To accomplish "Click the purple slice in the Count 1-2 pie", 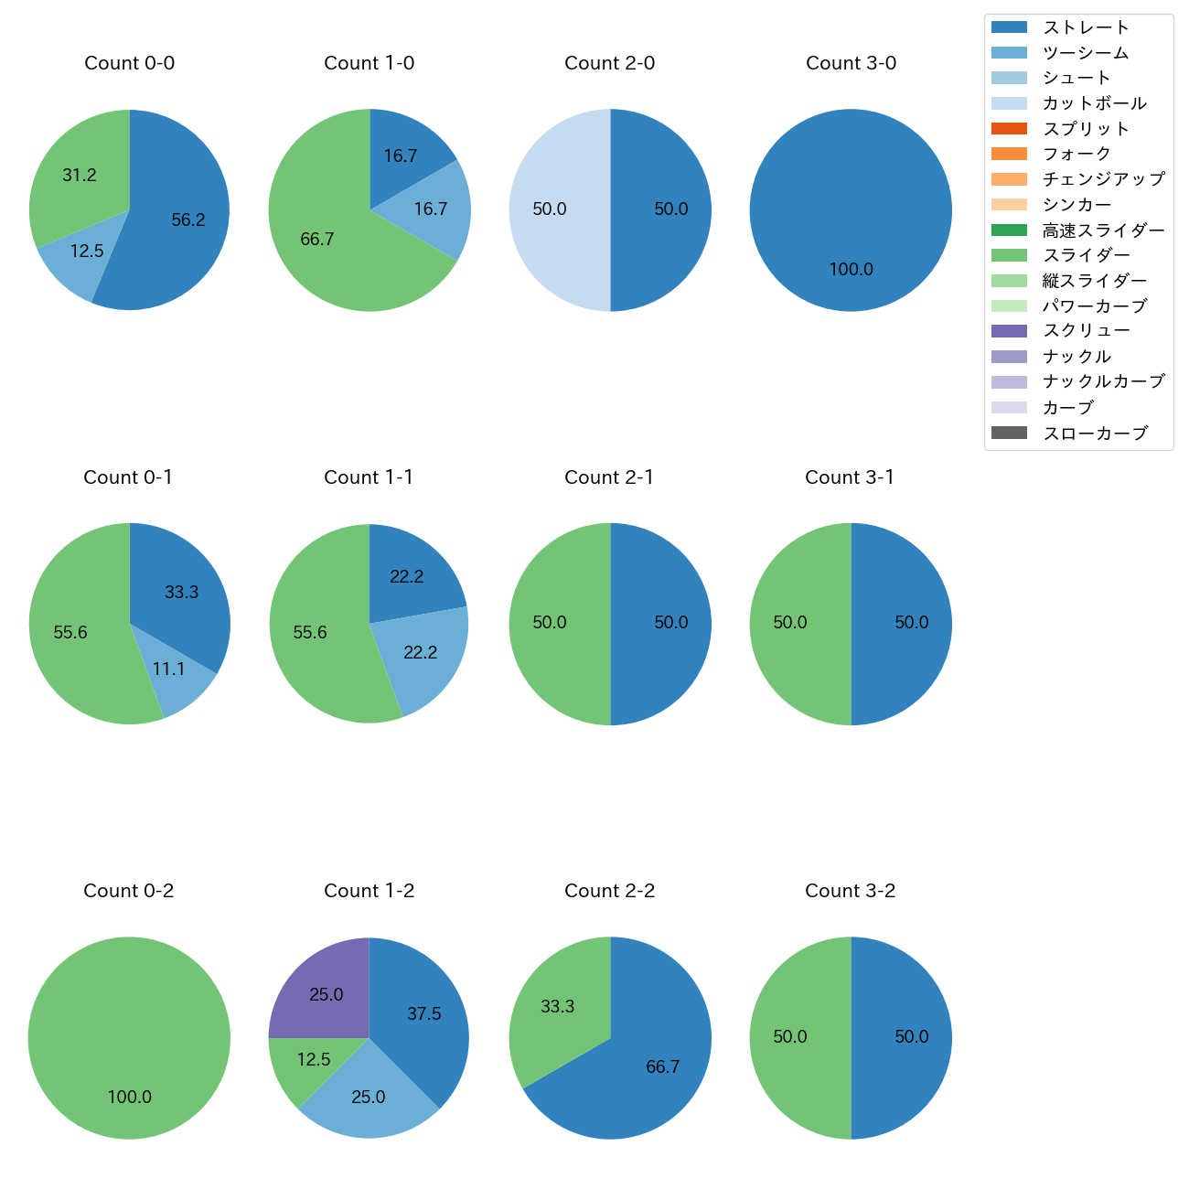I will [325, 992].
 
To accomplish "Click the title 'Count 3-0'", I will [851, 63].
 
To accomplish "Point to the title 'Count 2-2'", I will [609, 891].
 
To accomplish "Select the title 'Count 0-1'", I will [128, 477].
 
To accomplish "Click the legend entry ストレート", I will [1086, 27].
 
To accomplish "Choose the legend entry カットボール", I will [1094, 103].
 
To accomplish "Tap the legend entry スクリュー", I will [1087, 331].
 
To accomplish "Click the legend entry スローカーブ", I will [1095, 434].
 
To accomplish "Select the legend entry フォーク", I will [1077, 154].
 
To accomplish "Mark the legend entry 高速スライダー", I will [1103, 230].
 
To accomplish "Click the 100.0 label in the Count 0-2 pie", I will [130, 1097].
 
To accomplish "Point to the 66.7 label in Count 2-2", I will [662, 1066].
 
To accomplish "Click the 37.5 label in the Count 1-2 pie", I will [424, 1013].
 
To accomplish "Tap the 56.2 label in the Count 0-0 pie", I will [188, 220].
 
